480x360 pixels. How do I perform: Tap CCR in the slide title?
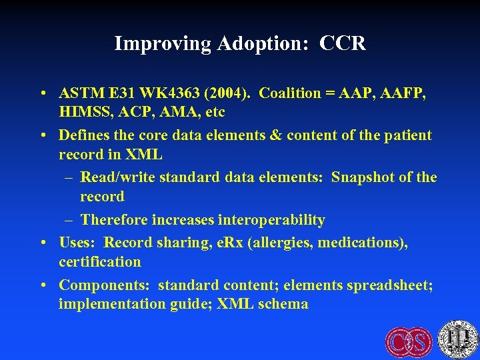pos(343,44)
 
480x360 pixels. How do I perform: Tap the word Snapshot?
pos(363,177)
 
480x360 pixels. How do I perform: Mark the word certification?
pos(100,262)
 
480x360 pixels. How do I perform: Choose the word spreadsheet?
pos(391,285)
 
